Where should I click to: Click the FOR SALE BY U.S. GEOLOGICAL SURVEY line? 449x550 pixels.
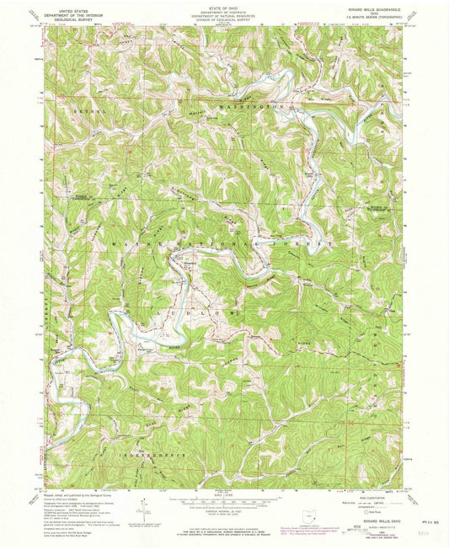223,530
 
